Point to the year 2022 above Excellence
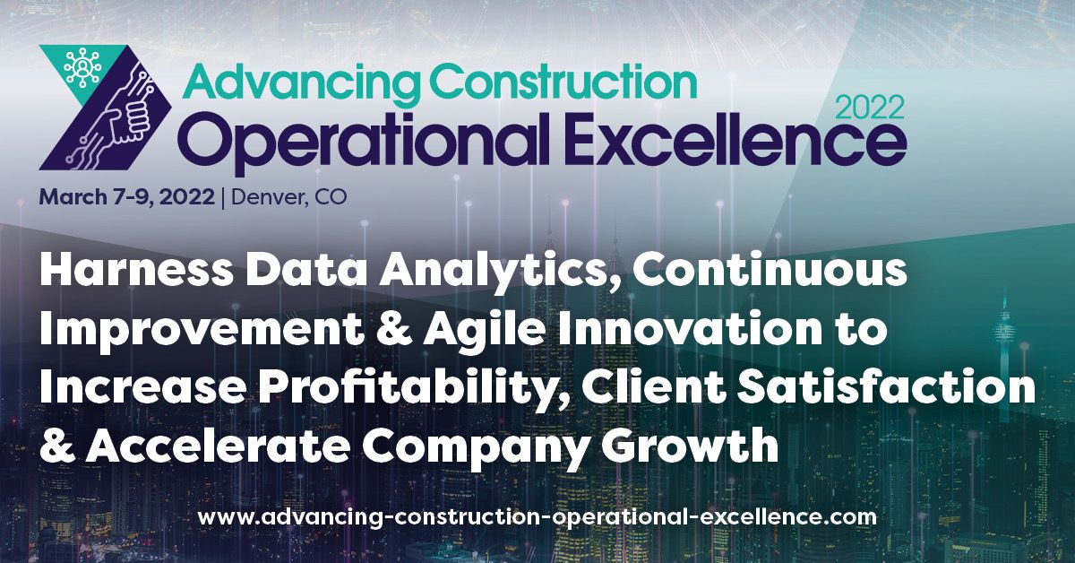869,108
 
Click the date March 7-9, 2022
126,197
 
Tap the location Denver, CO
288,197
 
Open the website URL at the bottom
537,516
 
